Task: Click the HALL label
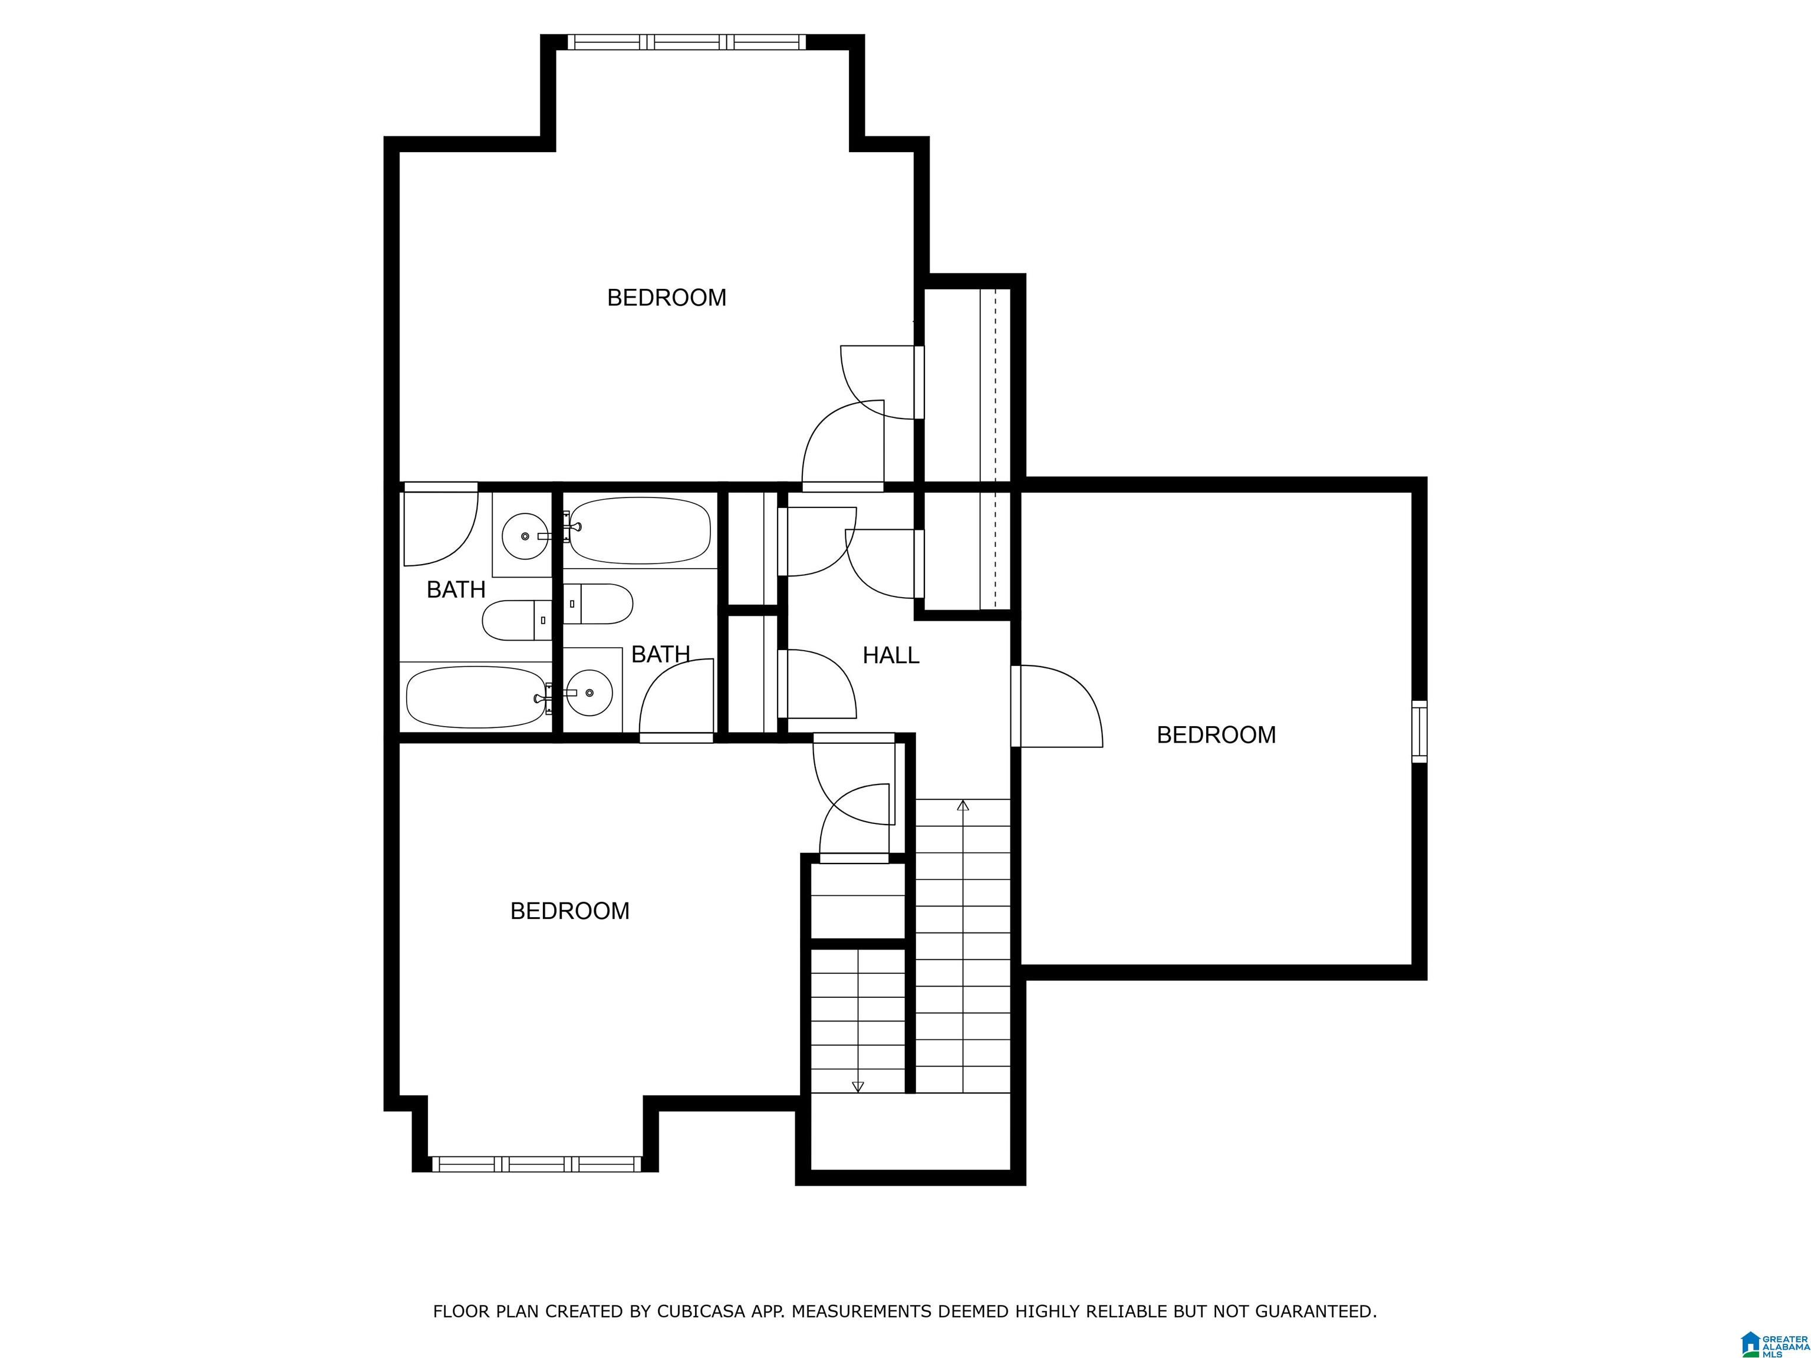(891, 655)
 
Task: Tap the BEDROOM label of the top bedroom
(666, 297)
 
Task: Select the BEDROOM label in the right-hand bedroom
(1216, 735)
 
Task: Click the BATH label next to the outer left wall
(456, 589)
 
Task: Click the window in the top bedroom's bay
(687, 42)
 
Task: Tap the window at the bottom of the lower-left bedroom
(536, 1163)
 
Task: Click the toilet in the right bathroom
(598, 604)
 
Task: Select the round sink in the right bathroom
(590, 693)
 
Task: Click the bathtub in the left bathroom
(476, 697)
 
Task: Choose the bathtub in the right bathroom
(640, 530)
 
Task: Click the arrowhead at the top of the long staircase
(963, 806)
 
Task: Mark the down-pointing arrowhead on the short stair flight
(857, 1087)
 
